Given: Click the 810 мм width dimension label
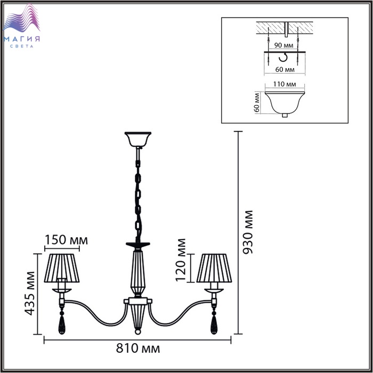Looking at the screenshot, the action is pyautogui.click(x=137, y=348).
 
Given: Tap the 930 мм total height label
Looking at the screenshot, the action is pyautogui.click(x=247, y=232).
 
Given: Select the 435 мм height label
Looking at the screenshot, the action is pyautogui.click(x=30, y=293).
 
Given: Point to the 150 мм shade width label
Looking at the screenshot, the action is pyautogui.click(x=66, y=240).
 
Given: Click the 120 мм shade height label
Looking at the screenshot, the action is pyautogui.click(x=181, y=260).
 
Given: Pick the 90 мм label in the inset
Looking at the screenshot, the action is pyautogui.click(x=283, y=45).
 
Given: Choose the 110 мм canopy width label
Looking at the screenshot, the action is pyautogui.click(x=285, y=84).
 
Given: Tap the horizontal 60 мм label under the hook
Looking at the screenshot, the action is pyautogui.click(x=285, y=69).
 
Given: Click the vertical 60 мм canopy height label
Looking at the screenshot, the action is pyautogui.click(x=257, y=103).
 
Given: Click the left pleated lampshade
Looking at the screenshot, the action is pyautogui.click(x=62, y=268).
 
